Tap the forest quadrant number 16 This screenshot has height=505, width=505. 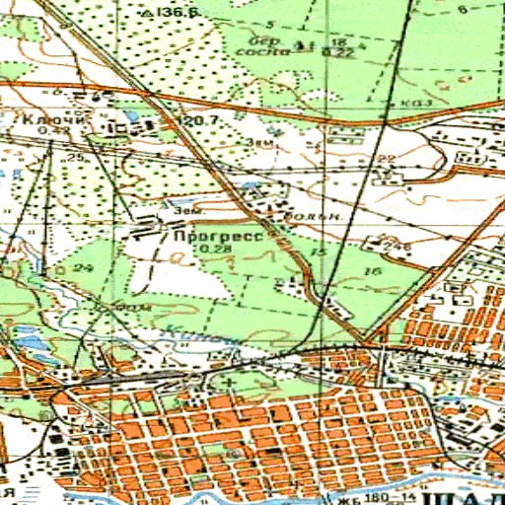coord(371,269)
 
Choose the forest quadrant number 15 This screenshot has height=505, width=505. coord(317,253)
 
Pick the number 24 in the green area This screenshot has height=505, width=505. coord(82,268)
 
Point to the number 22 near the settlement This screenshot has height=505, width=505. coord(386,159)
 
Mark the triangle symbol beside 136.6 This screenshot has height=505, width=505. coord(146,14)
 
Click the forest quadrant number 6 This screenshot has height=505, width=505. coord(463,9)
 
